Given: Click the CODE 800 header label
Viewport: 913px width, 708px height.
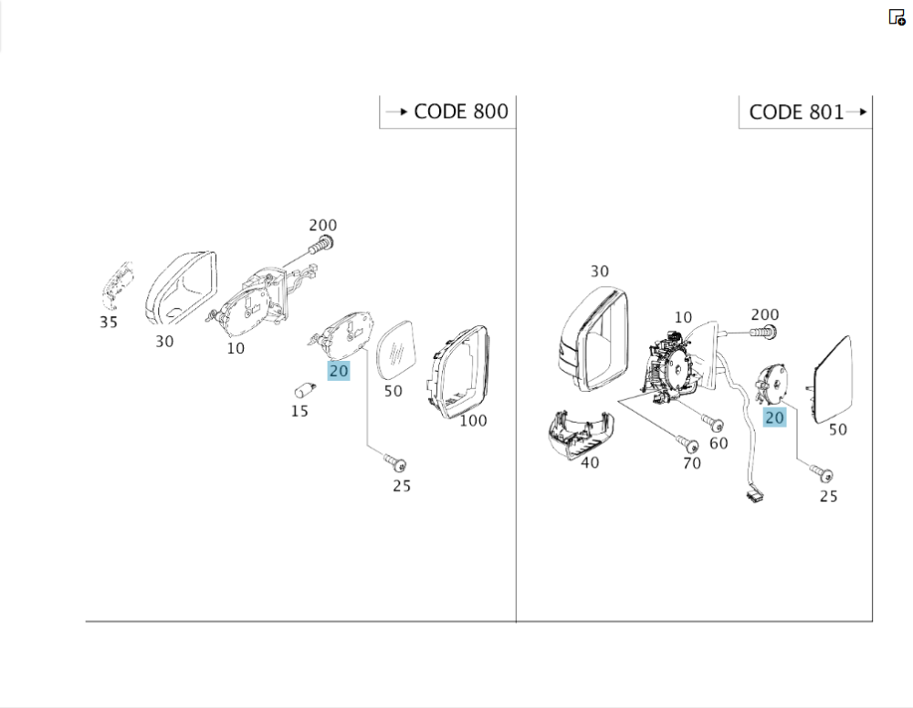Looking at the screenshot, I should (x=460, y=111).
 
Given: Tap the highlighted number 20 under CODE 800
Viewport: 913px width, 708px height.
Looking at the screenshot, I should (x=339, y=371).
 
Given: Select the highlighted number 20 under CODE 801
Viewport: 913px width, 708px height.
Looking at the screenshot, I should (x=774, y=417).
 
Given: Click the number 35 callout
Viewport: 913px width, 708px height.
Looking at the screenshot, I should (x=109, y=322).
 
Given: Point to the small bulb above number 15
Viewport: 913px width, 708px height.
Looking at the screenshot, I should (x=304, y=390).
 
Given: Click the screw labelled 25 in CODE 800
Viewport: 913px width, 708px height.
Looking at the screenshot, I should (x=394, y=463).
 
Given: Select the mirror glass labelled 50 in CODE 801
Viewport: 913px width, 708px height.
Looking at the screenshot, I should (x=829, y=378).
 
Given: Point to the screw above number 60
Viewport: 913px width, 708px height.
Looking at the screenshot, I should (x=714, y=424).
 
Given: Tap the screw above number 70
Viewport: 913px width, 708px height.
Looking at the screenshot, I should (x=689, y=444).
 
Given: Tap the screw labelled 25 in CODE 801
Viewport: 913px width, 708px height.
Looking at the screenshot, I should (x=822, y=474).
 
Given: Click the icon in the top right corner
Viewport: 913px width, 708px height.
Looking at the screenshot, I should (x=897, y=16).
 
